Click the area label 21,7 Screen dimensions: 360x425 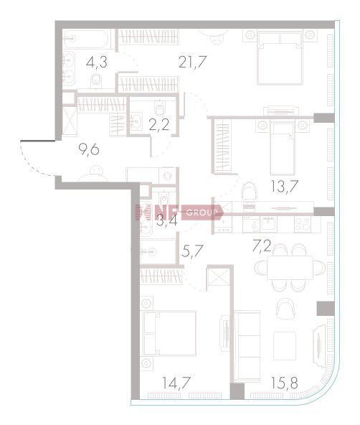pos(193,62)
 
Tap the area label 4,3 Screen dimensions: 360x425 pos(97,62)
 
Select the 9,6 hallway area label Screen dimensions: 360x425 pos(89,149)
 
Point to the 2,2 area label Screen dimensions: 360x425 pos(159,125)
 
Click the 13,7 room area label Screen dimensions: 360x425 pos(285,186)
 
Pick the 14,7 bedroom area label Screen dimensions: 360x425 pos(176,383)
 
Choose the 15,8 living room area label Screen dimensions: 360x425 pos(285,383)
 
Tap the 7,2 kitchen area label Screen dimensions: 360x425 pos(262,246)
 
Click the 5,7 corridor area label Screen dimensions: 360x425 pos(192,251)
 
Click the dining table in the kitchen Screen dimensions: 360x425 pos(290,268)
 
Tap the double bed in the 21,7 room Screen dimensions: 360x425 pos(280,57)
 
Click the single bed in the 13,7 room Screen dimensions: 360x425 pos(283,148)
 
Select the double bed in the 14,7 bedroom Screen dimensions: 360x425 pos(169,333)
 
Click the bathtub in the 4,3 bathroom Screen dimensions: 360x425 pos(86,39)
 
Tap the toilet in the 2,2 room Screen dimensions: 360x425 pos(159,108)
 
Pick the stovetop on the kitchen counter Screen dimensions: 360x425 pos(303,224)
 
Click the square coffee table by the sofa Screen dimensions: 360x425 pos(285,346)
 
